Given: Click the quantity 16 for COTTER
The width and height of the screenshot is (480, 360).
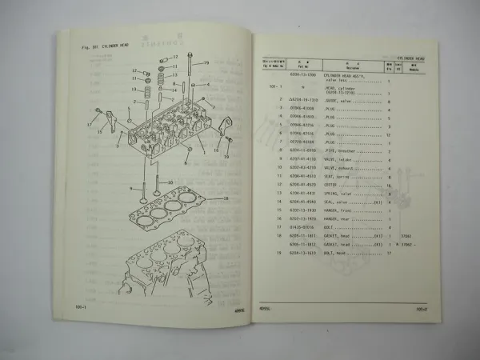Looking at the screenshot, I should click(388, 185).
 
